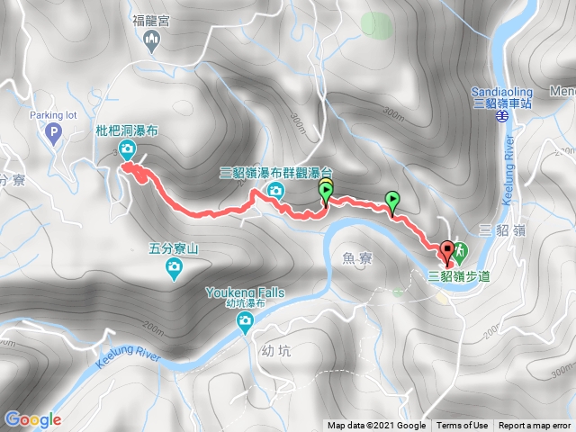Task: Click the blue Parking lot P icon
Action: click(x=52, y=132)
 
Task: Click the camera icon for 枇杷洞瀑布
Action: click(x=128, y=149)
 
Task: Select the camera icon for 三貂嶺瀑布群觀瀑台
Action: click(x=275, y=189)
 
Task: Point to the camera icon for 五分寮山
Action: click(x=173, y=267)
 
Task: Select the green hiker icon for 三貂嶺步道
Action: click(x=458, y=249)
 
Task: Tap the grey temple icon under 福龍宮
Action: click(x=151, y=38)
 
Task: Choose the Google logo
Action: click(x=32, y=418)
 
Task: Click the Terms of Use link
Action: click(x=463, y=426)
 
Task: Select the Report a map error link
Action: click(x=535, y=426)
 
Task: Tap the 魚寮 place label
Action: click(x=357, y=258)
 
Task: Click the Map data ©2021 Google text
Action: click(x=376, y=426)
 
